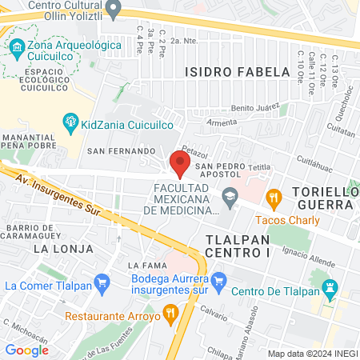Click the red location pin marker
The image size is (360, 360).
click(180, 163)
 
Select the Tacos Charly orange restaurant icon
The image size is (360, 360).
click(274, 196)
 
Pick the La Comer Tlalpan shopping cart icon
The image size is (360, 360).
click(102, 282)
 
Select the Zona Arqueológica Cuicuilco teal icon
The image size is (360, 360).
click(17, 46)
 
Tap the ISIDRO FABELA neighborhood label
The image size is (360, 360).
click(237, 72)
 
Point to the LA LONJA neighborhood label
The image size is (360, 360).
click(58, 249)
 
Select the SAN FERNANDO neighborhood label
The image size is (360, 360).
click(120, 150)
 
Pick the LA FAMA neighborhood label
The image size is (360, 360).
click(145, 265)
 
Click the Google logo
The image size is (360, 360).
click(27, 350)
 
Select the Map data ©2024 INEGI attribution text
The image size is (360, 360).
click(312, 354)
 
